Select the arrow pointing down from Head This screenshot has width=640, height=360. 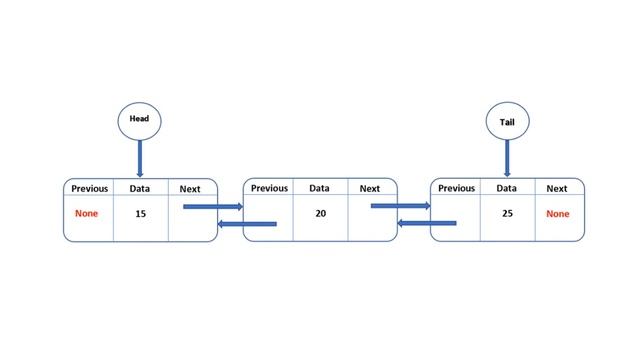pyautogui.click(x=140, y=158)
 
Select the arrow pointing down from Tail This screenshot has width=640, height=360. pyautogui.click(x=507, y=158)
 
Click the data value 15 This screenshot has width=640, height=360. pyautogui.click(x=140, y=214)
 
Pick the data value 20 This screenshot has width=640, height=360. pyautogui.click(x=320, y=213)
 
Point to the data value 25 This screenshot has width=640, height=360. pyautogui.click(x=507, y=213)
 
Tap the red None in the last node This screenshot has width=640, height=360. pyautogui.click(x=557, y=214)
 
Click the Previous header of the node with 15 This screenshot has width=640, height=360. pyautogui.click(x=89, y=188)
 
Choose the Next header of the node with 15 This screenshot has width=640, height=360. pyautogui.click(x=190, y=188)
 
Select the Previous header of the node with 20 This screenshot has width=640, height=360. pyautogui.click(x=269, y=188)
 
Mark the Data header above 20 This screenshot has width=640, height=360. pyautogui.click(x=319, y=188)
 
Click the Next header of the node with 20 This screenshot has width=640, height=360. pyautogui.click(x=370, y=188)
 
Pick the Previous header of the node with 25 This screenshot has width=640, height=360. pyautogui.click(x=456, y=188)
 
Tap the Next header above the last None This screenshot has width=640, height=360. pyautogui.click(x=557, y=188)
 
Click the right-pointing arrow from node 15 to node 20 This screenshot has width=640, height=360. pyautogui.click(x=213, y=207)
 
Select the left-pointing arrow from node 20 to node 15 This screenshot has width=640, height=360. pyautogui.click(x=247, y=224)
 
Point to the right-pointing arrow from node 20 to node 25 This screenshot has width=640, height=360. pyautogui.click(x=400, y=206)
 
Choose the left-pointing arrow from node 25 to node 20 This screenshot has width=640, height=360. pyautogui.click(x=427, y=223)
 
